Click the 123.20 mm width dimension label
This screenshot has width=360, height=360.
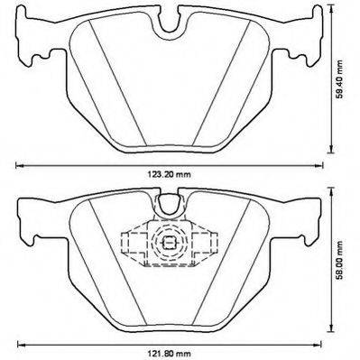pos(169,174)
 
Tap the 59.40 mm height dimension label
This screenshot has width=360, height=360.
pos(339,79)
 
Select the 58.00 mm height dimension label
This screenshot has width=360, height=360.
pos(339,260)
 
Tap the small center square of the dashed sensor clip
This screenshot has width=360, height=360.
pos(169,241)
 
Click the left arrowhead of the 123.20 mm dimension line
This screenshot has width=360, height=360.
pos(19,165)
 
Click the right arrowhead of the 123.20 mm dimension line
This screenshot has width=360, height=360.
pos(319,165)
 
